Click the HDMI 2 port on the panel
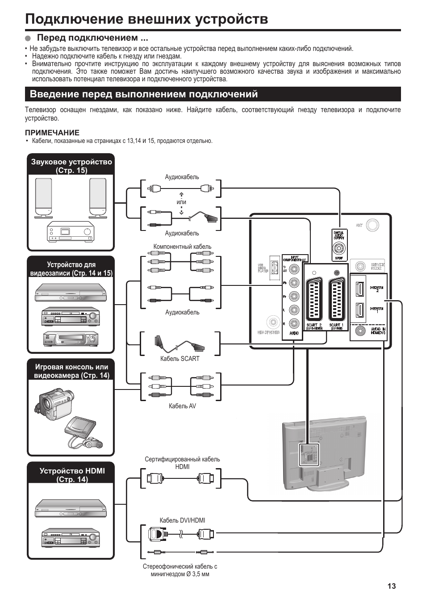click(x=359, y=289)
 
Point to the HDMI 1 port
click(x=359, y=310)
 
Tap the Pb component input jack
click(x=294, y=282)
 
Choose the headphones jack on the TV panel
click(x=272, y=322)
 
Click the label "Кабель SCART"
click(x=180, y=359)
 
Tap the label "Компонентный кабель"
click(x=182, y=247)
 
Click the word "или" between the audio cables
click(x=181, y=202)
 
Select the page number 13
click(x=392, y=586)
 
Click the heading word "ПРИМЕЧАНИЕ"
click(x=52, y=133)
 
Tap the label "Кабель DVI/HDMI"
click(x=182, y=520)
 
